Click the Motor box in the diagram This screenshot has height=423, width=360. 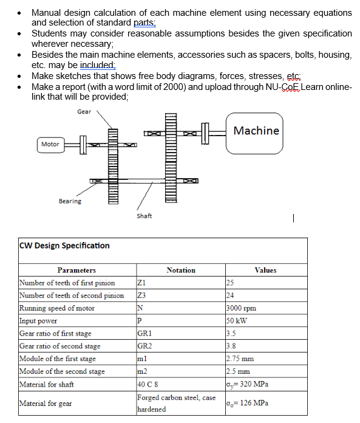click(x=50, y=144)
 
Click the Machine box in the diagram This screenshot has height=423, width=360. click(x=256, y=131)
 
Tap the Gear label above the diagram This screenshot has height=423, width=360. click(x=84, y=112)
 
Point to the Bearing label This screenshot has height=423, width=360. click(x=70, y=201)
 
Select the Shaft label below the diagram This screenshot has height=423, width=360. click(x=144, y=216)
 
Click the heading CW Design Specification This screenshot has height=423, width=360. click(x=65, y=246)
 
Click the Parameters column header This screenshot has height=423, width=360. click(x=76, y=270)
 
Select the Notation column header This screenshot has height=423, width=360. click(x=181, y=270)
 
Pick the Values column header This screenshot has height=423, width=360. click(x=265, y=270)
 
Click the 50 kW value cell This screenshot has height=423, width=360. click(x=235, y=321)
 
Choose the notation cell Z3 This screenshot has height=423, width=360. click(x=142, y=295)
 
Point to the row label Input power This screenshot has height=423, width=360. click(x=38, y=321)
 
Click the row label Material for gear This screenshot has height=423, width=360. click(x=46, y=403)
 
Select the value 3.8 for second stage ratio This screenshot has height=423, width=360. click(x=230, y=346)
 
